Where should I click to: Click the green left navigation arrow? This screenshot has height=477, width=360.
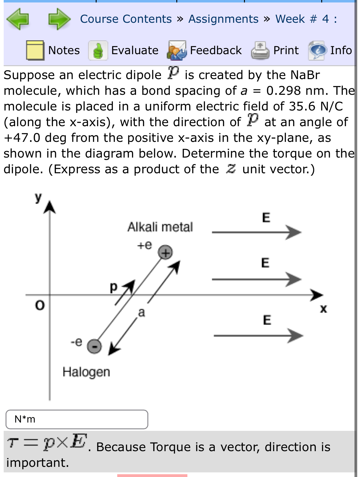point(18,19)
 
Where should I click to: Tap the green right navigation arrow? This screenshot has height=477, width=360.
point(59,19)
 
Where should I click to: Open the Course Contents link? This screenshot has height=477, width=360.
point(126,19)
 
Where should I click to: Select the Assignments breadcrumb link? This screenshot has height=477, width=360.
point(223,19)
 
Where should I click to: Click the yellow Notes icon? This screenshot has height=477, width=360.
point(35,50)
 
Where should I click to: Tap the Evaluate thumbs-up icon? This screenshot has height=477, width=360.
point(98,50)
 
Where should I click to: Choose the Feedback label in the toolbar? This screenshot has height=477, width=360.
point(216,50)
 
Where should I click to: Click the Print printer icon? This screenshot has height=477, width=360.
point(260,50)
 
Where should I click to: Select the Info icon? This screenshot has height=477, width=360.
point(317,50)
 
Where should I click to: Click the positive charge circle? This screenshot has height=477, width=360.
point(165,253)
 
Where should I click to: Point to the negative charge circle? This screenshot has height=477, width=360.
point(94,346)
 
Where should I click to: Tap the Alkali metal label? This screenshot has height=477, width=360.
point(160,227)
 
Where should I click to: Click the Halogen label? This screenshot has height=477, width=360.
point(86,372)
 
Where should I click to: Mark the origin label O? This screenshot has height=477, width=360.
point(40,305)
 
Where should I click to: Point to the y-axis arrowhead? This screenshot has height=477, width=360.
point(50,206)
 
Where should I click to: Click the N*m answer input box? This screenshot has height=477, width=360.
point(77,419)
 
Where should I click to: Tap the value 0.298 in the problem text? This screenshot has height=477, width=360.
point(283,91)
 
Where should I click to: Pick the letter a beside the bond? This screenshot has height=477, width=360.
point(141,312)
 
